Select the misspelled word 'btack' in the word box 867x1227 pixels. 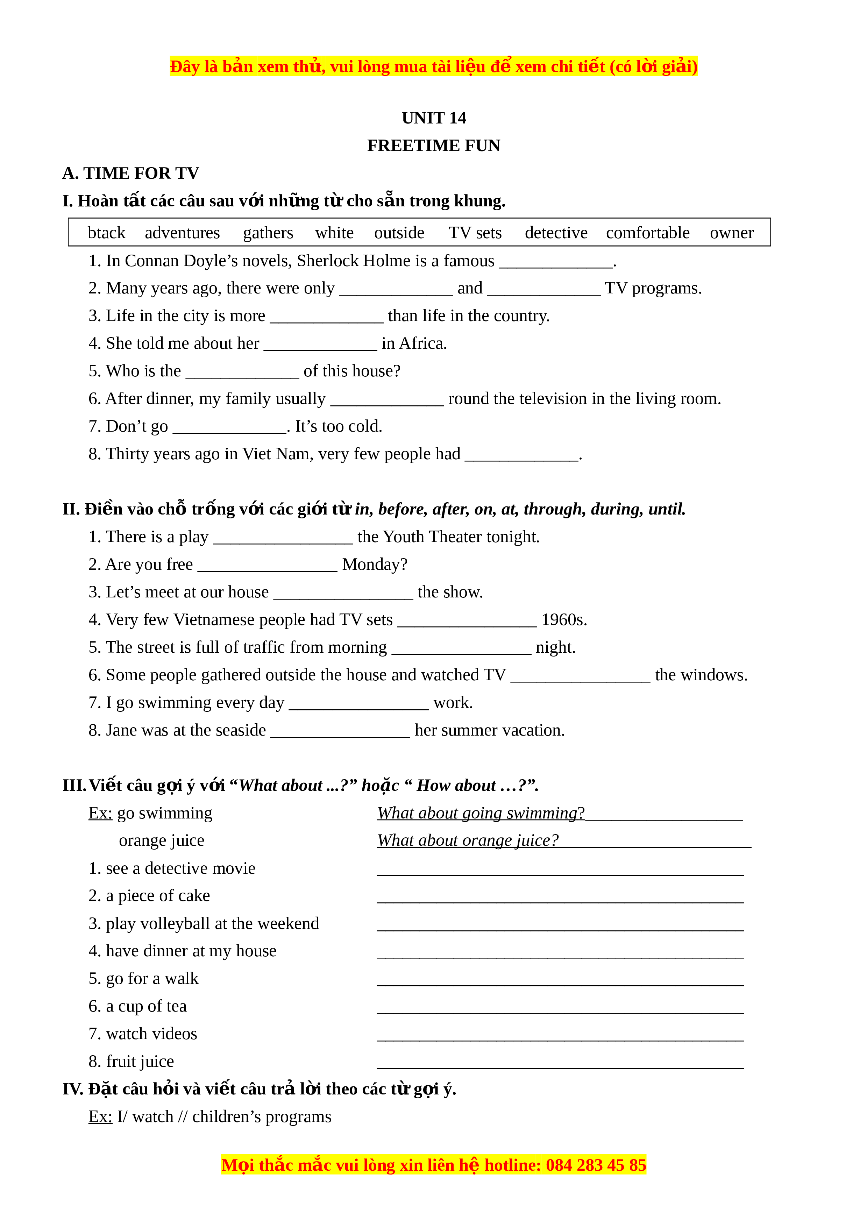coord(106,233)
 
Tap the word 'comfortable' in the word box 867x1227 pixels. coord(647,233)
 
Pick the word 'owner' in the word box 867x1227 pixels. coord(731,233)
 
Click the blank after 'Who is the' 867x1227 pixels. coord(242,373)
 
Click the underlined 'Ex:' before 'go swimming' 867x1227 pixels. coord(100,813)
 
